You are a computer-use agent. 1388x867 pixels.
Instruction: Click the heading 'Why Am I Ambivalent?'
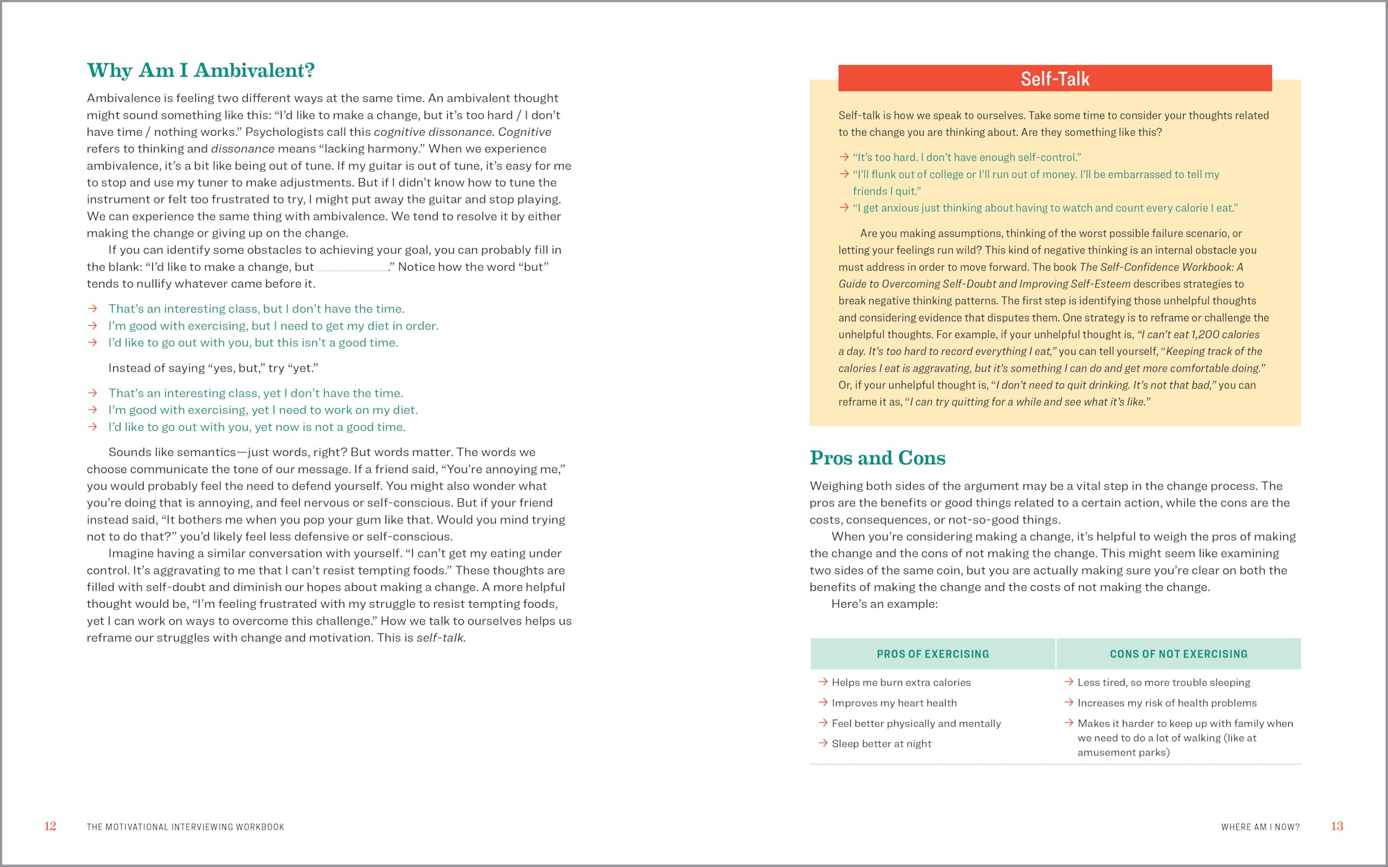click(200, 70)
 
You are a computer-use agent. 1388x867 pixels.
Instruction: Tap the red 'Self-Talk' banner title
click(1054, 79)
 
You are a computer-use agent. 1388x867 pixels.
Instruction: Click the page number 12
click(50, 826)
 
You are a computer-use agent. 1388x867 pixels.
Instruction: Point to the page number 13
click(1336, 826)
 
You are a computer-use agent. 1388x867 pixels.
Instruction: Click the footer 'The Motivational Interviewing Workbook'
click(185, 827)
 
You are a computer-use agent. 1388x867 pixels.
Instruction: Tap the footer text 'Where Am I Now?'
click(1260, 827)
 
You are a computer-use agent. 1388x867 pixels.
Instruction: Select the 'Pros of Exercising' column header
click(933, 654)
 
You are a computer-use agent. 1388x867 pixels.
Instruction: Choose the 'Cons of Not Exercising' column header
click(1178, 654)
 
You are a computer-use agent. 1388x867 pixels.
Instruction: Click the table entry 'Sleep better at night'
click(881, 743)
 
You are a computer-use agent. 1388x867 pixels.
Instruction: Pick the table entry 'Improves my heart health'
click(894, 703)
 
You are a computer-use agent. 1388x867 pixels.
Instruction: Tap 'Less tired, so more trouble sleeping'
click(1163, 682)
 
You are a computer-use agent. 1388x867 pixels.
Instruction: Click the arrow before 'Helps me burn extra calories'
click(823, 682)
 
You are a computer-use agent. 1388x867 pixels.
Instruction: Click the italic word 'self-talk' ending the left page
click(440, 638)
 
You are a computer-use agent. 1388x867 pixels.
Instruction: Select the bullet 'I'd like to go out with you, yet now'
click(256, 427)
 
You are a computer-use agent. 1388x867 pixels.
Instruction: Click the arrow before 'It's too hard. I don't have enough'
click(844, 157)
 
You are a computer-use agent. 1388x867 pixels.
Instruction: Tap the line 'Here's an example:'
click(884, 604)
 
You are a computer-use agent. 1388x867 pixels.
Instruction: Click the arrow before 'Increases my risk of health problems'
click(1069, 702)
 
